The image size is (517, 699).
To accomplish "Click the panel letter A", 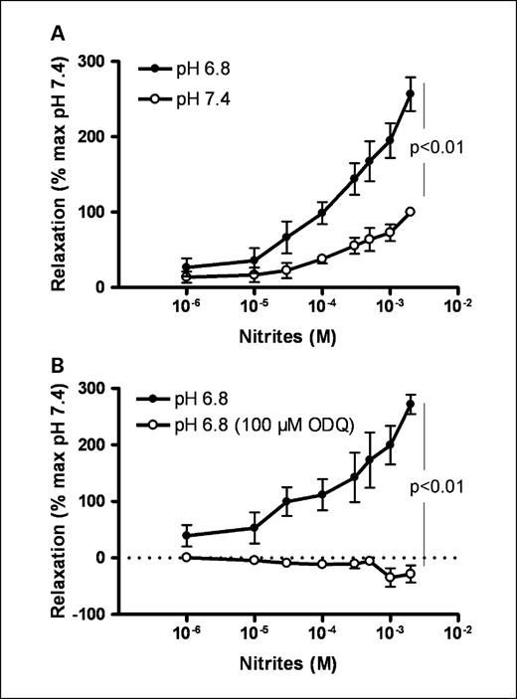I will click(61, 33).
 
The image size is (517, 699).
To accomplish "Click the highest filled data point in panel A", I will click(411, 94).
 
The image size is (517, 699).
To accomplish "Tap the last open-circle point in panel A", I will click(411, 212).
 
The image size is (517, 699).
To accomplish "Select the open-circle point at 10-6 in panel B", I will click(187, 557).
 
